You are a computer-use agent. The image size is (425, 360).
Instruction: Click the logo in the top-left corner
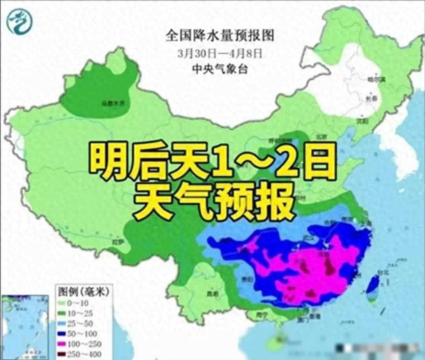pyautogui.click(x=19, y=20)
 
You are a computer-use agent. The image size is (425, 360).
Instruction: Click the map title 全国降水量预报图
pyautogui.click(x=220, y=36)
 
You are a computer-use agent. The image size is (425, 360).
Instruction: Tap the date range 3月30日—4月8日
pyautogui.click(x=220, y=53)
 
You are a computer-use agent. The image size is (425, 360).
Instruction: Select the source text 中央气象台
pyautogui.click(x=220, y=68)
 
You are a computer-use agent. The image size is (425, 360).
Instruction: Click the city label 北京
pyautogui.click(x=321, y=137)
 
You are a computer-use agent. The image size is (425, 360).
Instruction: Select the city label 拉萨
pyautogui.click(x=115, y=242)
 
